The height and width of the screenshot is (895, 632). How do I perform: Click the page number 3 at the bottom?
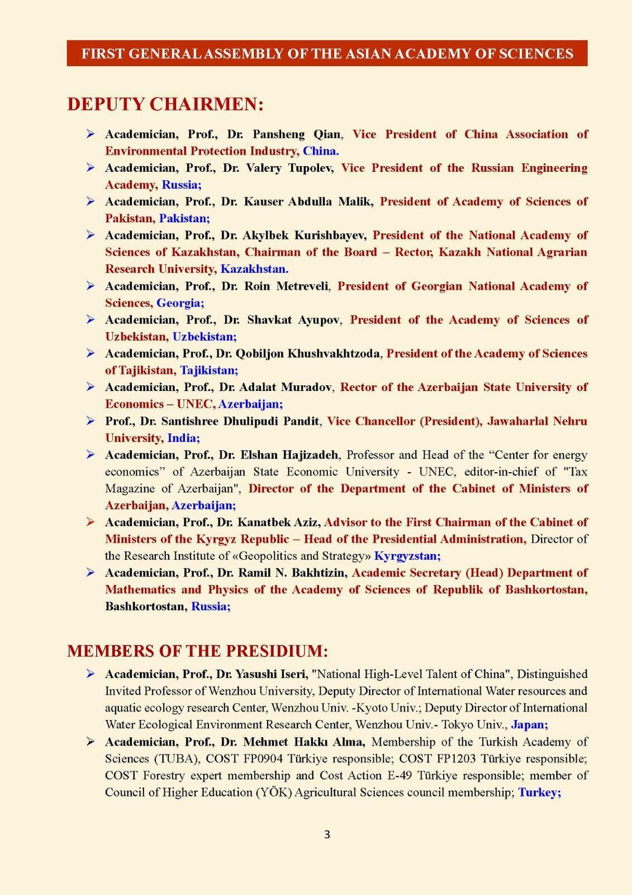[x=327, y=835]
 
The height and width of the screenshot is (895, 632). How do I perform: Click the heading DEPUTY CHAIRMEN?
[x=165, y=105]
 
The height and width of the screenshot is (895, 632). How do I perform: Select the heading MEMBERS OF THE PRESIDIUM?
[x=197, y=651]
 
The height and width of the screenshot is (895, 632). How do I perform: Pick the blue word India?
[x=184, y=438]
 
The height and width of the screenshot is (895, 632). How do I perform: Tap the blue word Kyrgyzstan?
[x=407, y=556]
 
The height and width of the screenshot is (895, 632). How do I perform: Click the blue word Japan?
[x=529, y=725]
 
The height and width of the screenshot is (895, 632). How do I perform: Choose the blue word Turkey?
[x=539, y=793]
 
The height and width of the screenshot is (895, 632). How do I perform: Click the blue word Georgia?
[x=180, y=303]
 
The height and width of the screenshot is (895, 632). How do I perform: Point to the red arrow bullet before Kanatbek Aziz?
[x=90, y=522]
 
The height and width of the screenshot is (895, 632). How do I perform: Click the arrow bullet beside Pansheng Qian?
[x=90, y=134]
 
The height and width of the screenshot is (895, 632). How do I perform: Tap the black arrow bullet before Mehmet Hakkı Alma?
[x=90, y=742]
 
